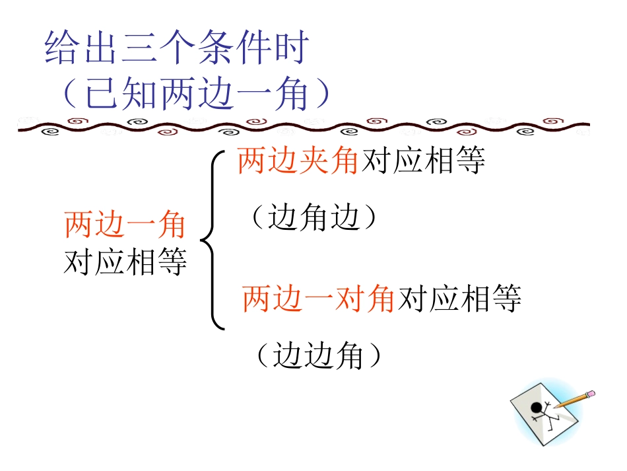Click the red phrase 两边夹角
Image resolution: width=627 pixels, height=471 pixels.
pyautogui.click(x=298, y=161)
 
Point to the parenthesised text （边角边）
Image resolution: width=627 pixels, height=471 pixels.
pyautogui.click(x=315, y=217)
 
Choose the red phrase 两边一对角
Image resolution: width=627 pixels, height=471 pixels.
pyautogui.click(x=318, y=299)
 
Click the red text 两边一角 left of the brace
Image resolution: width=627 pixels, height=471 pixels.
pyautogui.click(x=125, y=225)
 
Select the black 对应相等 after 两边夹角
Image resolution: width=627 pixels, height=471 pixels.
pyautogui.click(x=423, y=161)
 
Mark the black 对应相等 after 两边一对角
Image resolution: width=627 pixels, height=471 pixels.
pyautogui.click(x=459, y=299)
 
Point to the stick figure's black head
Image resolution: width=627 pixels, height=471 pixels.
pyautogui.click(x=536, y=407)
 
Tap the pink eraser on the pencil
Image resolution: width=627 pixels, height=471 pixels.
pyautogui.click(x=591, y=393)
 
